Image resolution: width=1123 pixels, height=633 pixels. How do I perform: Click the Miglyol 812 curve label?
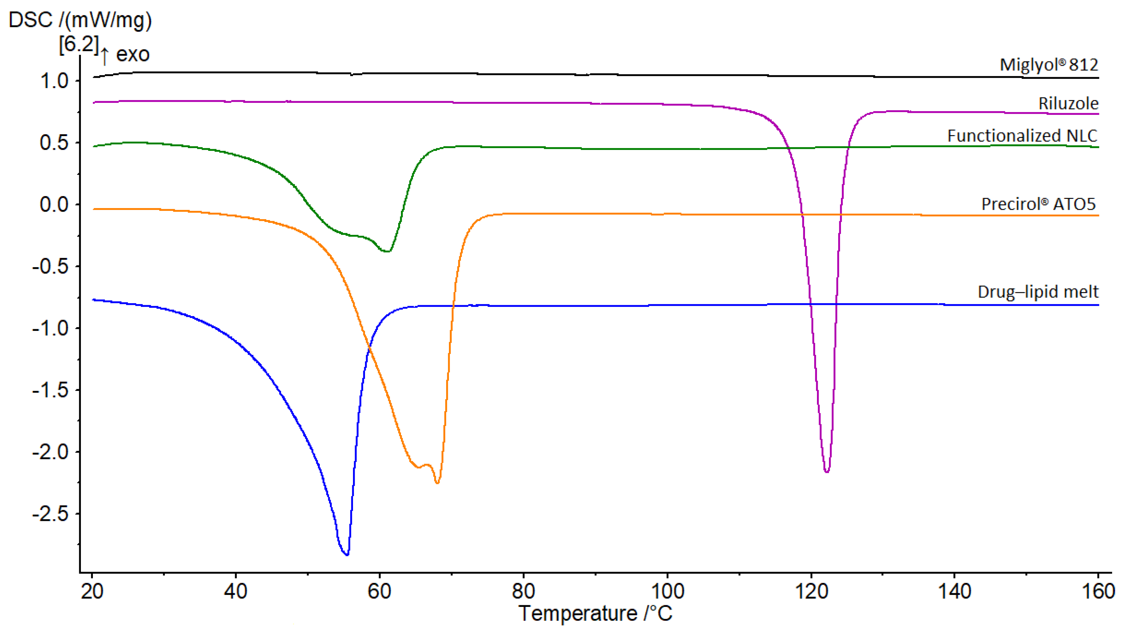coord(1048,65)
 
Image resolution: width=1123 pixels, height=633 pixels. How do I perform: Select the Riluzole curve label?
coord(1068,104)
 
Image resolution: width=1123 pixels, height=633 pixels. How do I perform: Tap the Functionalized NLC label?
coord(1022,136)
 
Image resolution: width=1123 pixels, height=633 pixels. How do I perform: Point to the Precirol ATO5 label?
coord(1038,204)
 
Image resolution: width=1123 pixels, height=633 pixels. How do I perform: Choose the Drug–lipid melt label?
coord(1038,292)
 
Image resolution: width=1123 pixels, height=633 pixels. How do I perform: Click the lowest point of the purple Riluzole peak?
coord(827,471)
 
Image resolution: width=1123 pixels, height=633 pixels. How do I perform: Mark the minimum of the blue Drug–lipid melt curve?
coord(347,554)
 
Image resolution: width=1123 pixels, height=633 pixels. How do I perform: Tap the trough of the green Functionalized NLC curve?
coord(387,251)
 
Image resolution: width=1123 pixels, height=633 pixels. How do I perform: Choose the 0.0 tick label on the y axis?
coord(54,205)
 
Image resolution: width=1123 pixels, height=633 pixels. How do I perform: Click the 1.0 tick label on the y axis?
coord(54,81)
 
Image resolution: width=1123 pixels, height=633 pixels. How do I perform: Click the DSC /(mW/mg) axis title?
coord(80,20)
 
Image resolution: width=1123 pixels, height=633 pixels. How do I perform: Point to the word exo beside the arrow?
coord(133,54)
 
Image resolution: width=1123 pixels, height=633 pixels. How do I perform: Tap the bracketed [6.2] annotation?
coord(79,44)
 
